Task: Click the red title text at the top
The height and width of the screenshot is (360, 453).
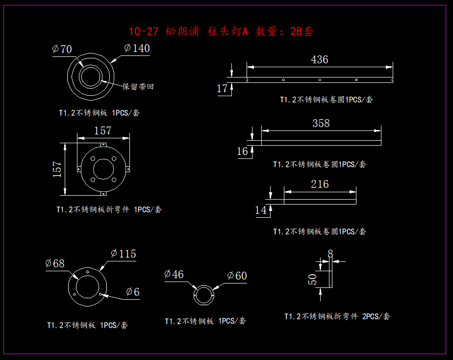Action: (221, 32)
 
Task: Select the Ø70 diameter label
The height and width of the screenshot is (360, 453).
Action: (62, 49)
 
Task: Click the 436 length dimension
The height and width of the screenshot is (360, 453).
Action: (319, 59)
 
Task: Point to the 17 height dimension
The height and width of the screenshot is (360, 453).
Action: (222, 88)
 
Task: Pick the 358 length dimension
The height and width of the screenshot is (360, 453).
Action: (321, 123)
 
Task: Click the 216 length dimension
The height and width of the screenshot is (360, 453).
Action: (320, 184)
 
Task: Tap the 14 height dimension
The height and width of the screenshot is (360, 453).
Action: (261, 210)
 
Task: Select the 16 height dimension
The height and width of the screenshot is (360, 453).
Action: (243, 151)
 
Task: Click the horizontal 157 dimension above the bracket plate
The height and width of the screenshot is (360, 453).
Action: (102, 130)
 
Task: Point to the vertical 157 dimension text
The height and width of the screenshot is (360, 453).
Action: (57, 169)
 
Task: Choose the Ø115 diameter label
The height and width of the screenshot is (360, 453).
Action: (124, 254)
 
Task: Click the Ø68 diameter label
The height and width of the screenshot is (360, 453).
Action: (55, 263)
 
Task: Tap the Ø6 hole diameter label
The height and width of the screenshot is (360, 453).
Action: (132, 292)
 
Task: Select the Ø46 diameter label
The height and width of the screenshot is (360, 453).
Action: (174, 274)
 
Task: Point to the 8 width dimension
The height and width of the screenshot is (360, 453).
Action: (330, 253)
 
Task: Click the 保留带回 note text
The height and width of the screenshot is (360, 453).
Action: (138, 87)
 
